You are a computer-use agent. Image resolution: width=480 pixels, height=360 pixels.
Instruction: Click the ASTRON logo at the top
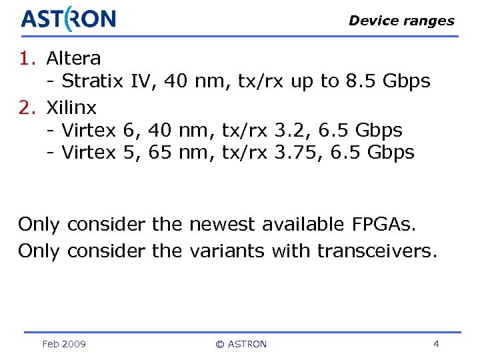pyautogui.click(x=68, y=19)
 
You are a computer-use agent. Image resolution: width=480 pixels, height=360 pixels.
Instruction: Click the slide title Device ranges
pyautogui.click(x=401, y=21)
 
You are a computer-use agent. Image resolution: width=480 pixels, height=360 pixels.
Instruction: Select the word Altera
pyautogui.click(x=73, y=59)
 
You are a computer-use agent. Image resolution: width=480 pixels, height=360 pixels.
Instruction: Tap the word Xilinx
pyautogui.click(x=71, y=107)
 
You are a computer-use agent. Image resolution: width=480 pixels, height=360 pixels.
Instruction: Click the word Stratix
pyautogui.click(x=93, y=82)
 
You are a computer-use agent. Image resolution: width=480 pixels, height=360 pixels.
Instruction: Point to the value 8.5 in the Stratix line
pyautogui.click(x=360, y=82)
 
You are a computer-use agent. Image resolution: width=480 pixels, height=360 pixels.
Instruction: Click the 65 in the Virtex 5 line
pyautogui.click(x=159, y=153)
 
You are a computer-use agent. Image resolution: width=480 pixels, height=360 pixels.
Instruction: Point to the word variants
pyautogui.click(x=227, y=251)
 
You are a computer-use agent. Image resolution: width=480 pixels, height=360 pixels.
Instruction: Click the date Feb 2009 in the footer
pyautogui.click(x=63, y=344)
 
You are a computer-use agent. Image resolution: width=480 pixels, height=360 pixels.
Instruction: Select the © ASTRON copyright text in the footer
pyautogui.click(x=241, y=344)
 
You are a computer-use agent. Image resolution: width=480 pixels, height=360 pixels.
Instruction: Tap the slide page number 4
pyautogui.click(x=436, y=344)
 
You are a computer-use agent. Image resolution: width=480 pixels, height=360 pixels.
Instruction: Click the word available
pyautogui.click(x=301, y=225)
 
